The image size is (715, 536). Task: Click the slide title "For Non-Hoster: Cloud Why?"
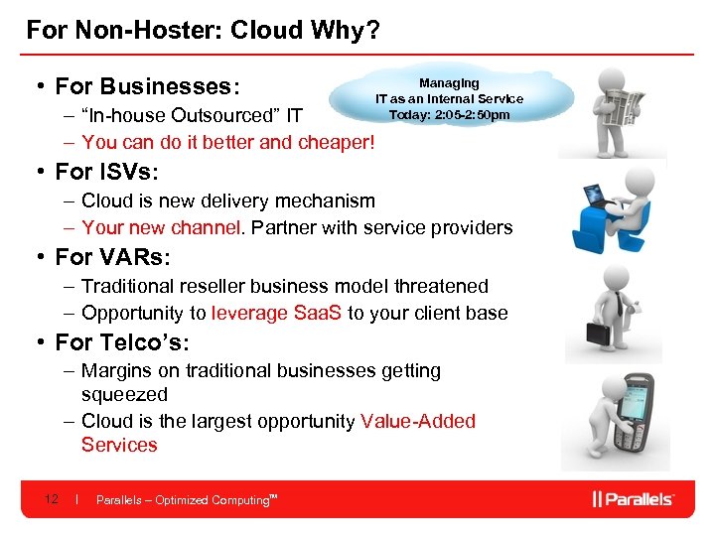coord(203,30)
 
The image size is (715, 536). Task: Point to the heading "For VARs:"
coord(113,257)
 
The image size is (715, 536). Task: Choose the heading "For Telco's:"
coord(122,342)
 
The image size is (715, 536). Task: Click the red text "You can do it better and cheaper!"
coord(228,142)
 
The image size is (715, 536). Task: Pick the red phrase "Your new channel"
coord(161,227)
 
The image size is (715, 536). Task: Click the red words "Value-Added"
coord(418,421)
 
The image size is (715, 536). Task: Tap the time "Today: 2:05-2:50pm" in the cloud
coord(449,114)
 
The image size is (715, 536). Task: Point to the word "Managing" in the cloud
coord(449,83)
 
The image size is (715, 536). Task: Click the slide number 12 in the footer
coord(53,499)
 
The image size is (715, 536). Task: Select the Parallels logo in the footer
coord(633,499)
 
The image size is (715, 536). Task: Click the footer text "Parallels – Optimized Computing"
coord(183,500)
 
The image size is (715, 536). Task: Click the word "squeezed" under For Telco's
coord(124,394)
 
